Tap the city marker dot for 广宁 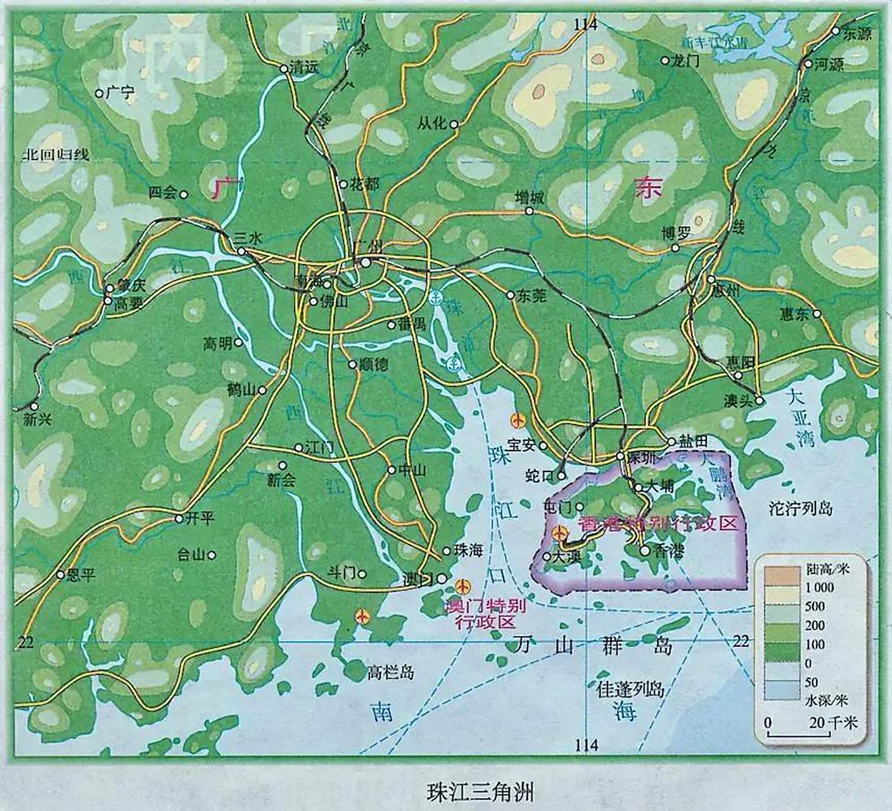(99, 93)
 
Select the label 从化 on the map (432, 124)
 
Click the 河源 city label (829, 64)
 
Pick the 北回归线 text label (56, 155)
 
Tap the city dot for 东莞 (511, 295)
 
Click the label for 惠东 (794, 314)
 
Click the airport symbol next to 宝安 (517, 419)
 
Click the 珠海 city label (468, 551)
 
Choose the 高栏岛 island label (390, 672)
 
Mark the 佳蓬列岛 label (630, 689)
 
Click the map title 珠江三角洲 (481, 792)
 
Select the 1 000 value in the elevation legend (819, 587)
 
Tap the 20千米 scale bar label (832, 722)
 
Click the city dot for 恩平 (61, 575)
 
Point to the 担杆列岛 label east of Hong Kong (800, 508)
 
